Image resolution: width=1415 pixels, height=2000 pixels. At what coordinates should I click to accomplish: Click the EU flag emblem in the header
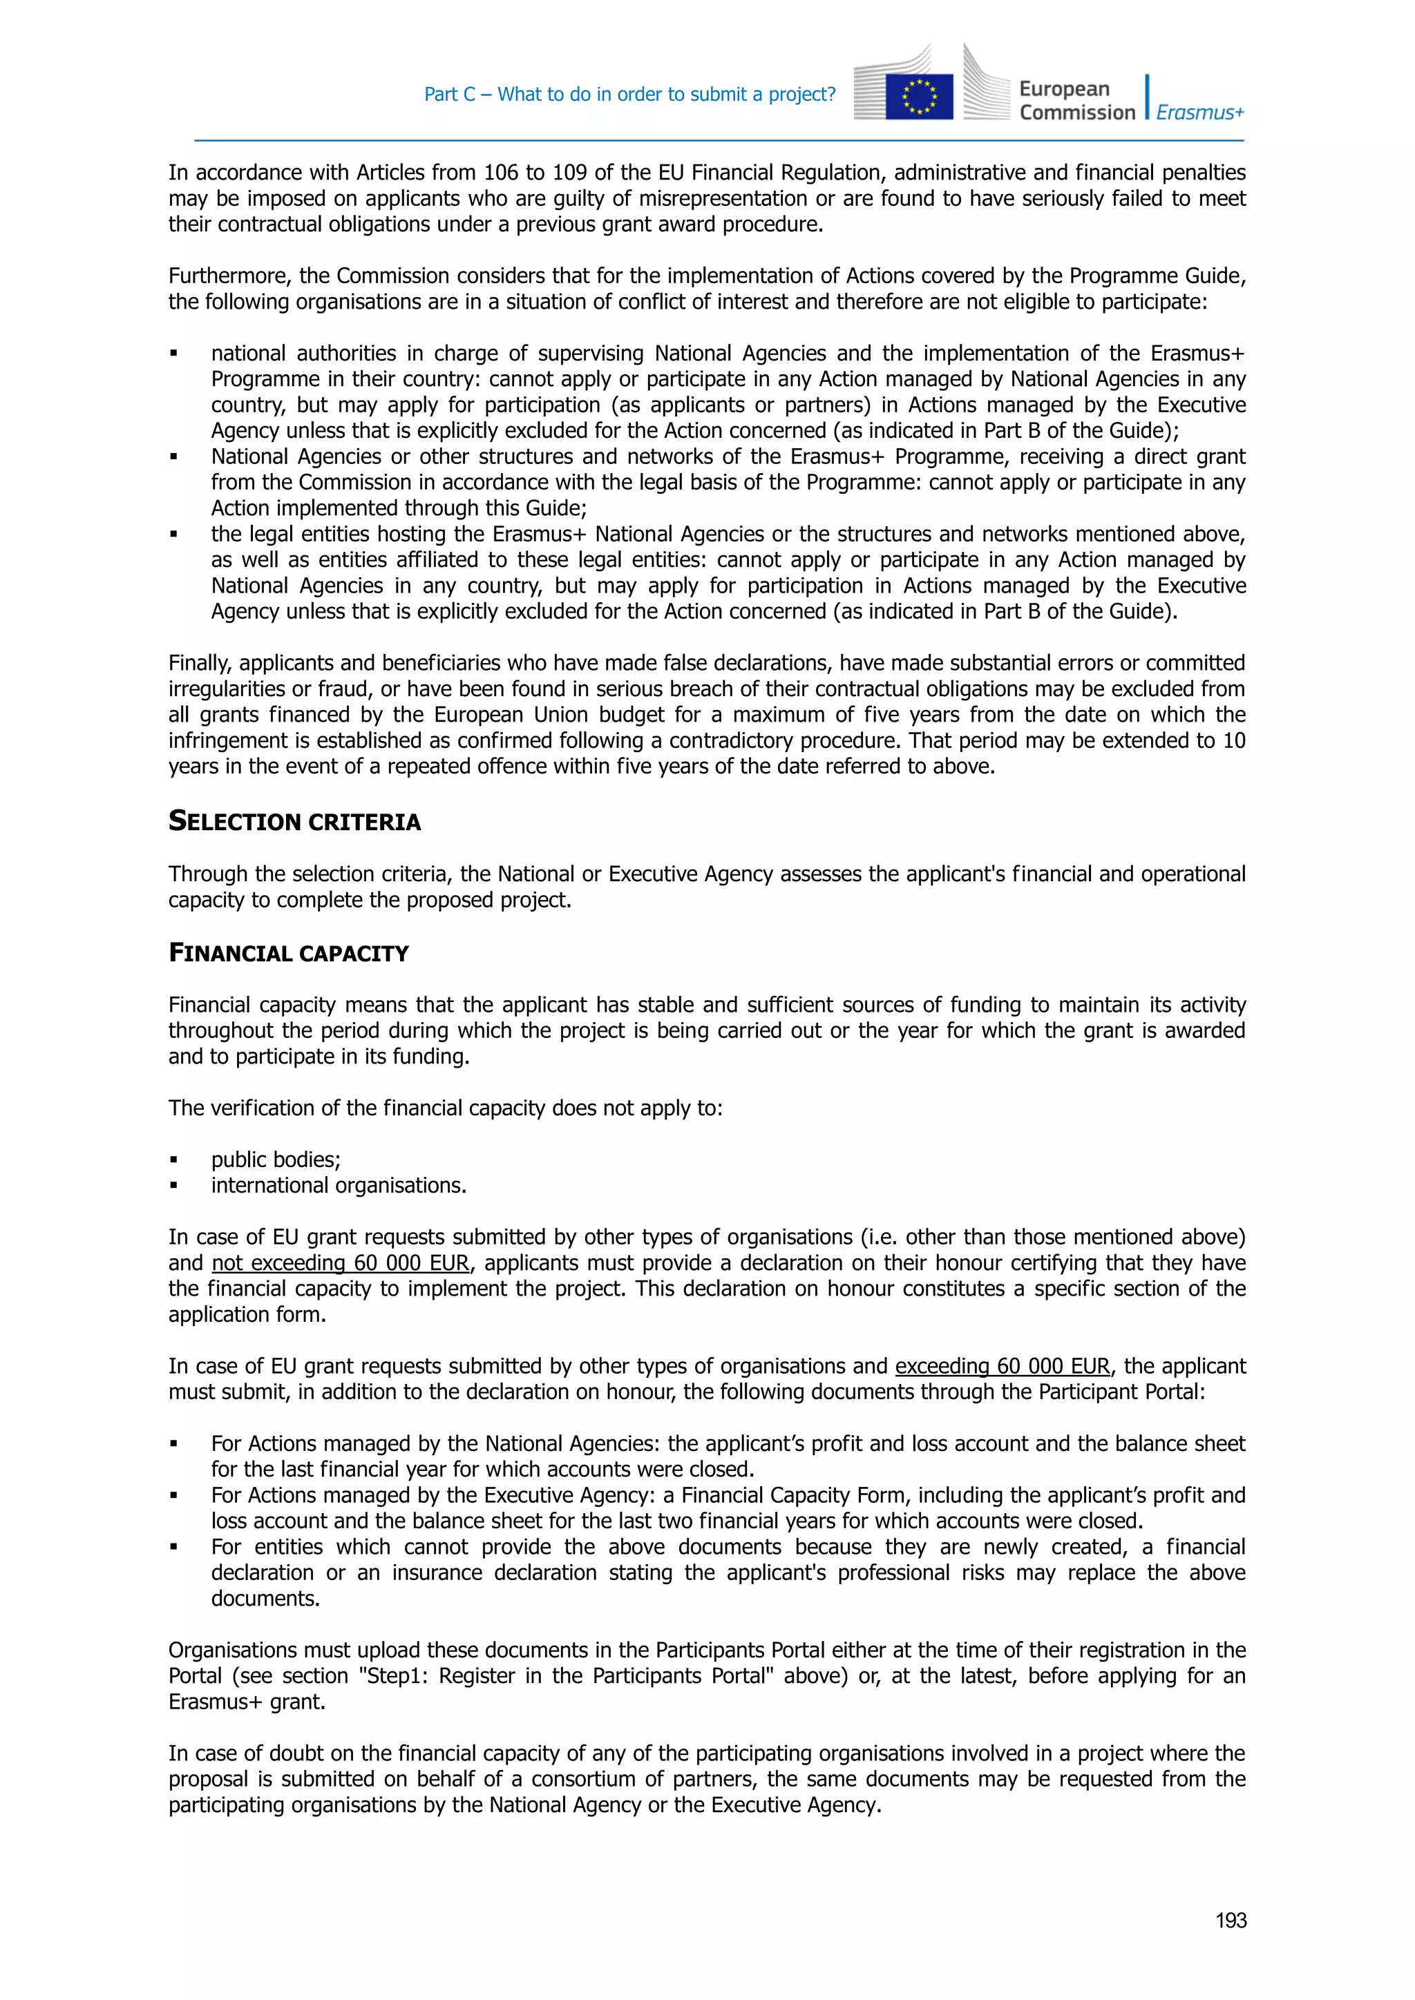tap(918, 96)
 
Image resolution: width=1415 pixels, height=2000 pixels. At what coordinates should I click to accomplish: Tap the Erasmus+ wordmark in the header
tap(1200, 113)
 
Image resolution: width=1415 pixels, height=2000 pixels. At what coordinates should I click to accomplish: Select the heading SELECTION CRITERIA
tap(294, 821)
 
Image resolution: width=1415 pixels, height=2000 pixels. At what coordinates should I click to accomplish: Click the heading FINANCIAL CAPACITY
tap(287, 953)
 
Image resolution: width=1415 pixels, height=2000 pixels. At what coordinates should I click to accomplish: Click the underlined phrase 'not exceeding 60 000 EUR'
tap(340, 1263)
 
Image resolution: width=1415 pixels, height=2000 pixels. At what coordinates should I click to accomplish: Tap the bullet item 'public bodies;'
tap(276, 1160)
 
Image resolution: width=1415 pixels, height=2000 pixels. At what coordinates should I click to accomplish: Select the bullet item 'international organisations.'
tap(338, 1186)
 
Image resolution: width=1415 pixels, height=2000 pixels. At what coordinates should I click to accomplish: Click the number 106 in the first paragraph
tap(501, 173)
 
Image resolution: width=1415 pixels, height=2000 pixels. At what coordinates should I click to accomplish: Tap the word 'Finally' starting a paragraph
tap(200, 663)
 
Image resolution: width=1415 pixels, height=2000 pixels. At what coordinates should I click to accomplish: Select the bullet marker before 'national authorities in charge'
tap(173, 354)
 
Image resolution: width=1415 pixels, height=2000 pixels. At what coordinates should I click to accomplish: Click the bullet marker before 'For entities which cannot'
tap(173, 1547)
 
